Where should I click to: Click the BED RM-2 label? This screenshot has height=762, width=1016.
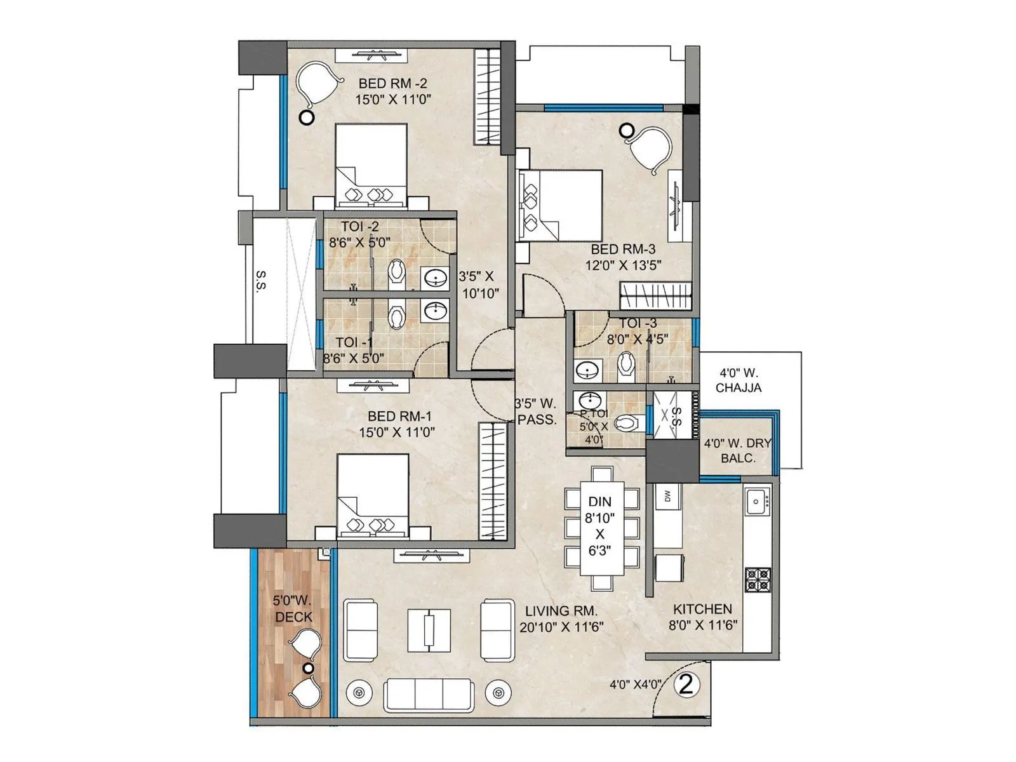[x=392, y=83]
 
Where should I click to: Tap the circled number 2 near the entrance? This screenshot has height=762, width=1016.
[x=686, y=685]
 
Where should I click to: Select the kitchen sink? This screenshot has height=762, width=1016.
[x=757, y=502]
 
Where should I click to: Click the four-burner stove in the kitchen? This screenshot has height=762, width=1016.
[x=758, y=579]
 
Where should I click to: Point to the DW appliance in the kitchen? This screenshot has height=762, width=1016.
[x=667, y=497]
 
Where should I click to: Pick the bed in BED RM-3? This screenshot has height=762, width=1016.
[x=561, y=204]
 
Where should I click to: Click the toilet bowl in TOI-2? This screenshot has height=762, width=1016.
[x=398, y=272]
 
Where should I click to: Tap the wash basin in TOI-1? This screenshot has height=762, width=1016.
[x=436, y=312]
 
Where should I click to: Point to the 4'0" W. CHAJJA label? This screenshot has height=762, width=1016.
[x=738, y=380]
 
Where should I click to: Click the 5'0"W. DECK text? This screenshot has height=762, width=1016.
[x=293, y=608]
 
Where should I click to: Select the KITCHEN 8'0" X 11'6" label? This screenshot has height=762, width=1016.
[x=702, y=617]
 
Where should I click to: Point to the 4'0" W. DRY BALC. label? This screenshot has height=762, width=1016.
[x=737, y=450]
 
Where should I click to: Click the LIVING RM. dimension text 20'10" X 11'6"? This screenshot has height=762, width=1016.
[x=561, y=627]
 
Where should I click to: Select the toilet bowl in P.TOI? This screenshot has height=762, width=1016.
[x=627, y=422]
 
